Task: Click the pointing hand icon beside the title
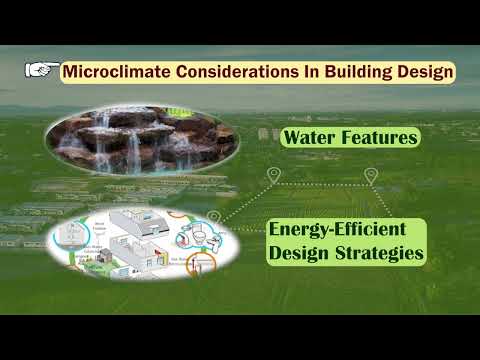coord(40,70)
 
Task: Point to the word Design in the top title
coord(426,72)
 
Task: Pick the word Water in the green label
coord(310,138)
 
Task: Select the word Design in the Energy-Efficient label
coord(298,254)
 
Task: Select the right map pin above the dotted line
coord(371,175)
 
